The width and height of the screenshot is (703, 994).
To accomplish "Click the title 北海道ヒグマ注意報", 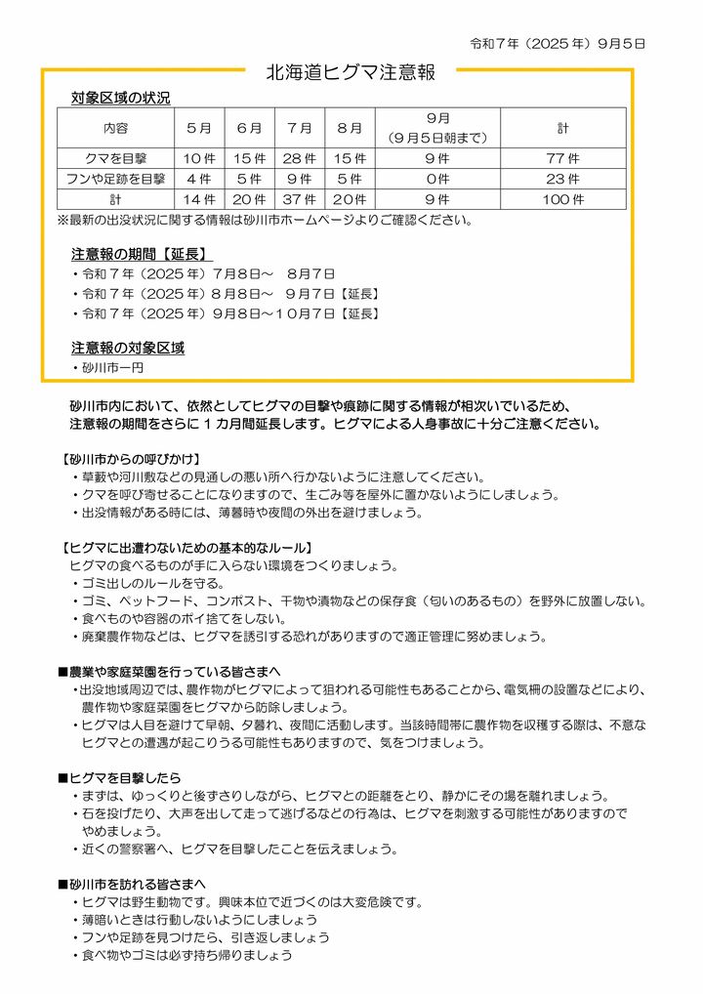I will pyautogui.click(x=351, y=72).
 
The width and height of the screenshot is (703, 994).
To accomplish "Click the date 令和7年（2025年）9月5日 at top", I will pyautogui.click(x=558, y=44).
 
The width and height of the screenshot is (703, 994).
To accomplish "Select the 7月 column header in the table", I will pyautogui.click(x=299, y=128).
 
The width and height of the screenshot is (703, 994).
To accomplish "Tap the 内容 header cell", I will pyautogui.click(x=115, y=128).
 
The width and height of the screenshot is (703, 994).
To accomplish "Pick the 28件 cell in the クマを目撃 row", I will pyautogui.click(x=299, y=158).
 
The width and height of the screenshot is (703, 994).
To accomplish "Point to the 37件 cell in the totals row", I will pyautogui.click(x=299, y=199).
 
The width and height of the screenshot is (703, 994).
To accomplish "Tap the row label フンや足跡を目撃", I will pyautogui.click(x=115, y=179).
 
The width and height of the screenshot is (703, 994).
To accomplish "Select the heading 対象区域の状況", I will pyautogui.click(x=120, y=98).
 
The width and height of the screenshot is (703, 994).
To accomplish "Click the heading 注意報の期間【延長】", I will pyautogui.click(x=143, y=254).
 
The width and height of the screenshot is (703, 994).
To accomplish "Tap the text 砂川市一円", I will pyautogui.click(x=112, y=367).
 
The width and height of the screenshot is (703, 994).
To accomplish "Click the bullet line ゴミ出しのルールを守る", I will pyautogui.click(x=146, y=583).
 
